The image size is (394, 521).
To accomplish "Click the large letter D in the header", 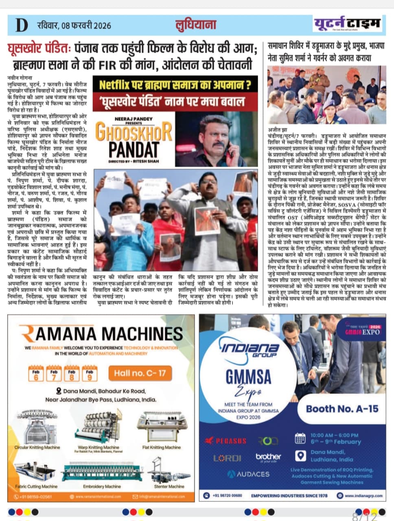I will coord(22,25).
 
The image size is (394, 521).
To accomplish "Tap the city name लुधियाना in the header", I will coord(195,24).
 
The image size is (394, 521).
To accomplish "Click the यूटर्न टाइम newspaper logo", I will coord(347,24).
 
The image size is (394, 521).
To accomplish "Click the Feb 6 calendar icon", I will coord(36,373).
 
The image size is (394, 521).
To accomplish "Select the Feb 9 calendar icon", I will coord(90,373).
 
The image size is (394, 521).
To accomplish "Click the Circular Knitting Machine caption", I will coord(37,447).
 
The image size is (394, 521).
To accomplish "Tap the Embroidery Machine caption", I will coord(102,486).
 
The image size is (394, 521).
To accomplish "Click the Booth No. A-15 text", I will coord(342,409).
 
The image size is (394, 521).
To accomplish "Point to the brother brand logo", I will coord(268,458).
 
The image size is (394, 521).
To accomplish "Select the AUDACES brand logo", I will coord(248,474).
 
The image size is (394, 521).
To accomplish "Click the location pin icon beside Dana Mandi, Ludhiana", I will coord(300,455).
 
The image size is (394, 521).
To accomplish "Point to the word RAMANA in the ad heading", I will coord(59,334).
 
